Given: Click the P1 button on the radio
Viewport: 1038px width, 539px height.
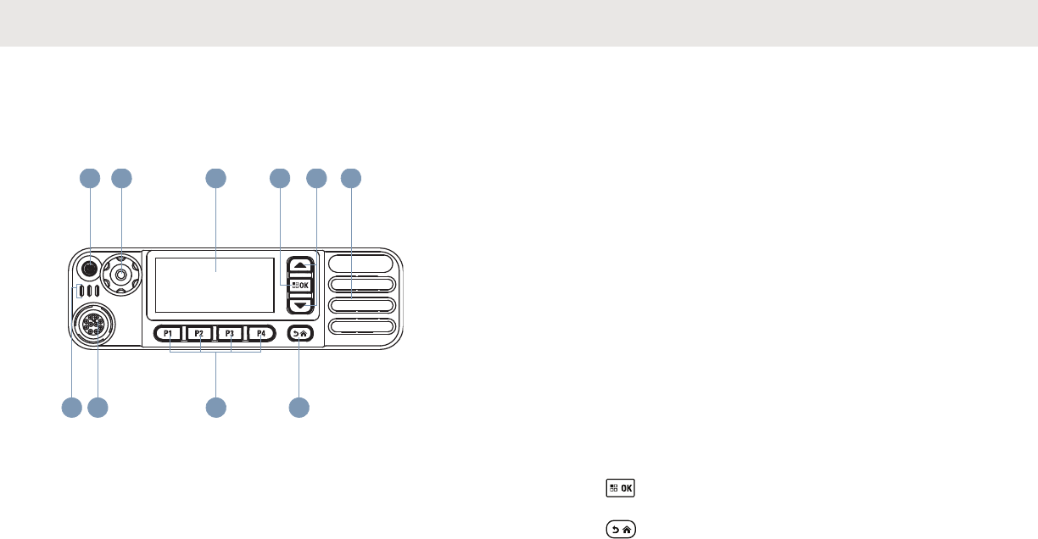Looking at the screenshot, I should (169, 334).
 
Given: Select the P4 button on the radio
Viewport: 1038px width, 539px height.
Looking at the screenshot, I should (261, 334).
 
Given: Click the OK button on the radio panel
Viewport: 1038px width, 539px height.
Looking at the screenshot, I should (300, 285).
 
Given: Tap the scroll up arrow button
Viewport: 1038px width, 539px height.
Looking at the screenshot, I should (300, 265).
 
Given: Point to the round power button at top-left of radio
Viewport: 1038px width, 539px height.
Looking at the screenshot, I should (89, 268).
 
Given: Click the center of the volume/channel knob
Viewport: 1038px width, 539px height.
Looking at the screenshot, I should (122, 273).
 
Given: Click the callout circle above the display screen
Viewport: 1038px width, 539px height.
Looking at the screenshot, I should (215, 178).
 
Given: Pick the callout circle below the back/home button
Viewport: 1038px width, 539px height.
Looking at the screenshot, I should (299, 408).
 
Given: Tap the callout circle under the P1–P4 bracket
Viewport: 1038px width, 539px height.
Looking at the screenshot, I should (216, 408).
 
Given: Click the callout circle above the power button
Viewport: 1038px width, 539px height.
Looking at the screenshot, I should (89, 178).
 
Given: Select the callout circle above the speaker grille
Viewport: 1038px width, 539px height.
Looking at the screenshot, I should (351, 178).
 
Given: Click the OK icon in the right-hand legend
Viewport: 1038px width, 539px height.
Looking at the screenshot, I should (621, 488).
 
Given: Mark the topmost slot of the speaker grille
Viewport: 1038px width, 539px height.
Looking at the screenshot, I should (363, 263).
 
